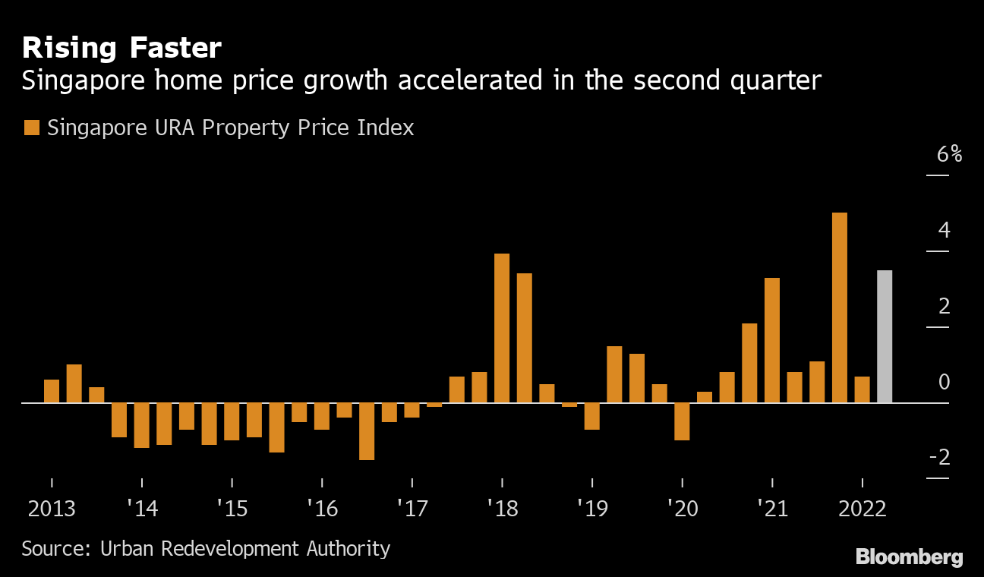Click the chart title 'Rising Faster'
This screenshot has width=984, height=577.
121,49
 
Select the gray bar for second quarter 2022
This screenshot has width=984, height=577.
885,336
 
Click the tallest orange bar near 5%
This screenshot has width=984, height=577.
839,307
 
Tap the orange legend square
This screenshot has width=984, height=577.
31,128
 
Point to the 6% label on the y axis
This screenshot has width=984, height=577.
949,155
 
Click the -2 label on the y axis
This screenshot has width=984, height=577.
944,458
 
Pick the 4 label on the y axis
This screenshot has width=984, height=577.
944,230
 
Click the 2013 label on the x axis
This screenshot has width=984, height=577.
52,508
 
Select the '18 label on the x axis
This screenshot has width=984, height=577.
502,508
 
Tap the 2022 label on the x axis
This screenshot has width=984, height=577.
862,508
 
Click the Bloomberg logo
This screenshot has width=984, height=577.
909,557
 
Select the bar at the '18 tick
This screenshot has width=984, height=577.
502,328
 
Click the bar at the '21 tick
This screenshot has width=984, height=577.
772,340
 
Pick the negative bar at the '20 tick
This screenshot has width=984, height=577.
682,421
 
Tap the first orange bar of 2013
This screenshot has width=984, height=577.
52,391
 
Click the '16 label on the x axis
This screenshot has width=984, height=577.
322,508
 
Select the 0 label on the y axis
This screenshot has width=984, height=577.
944,382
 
